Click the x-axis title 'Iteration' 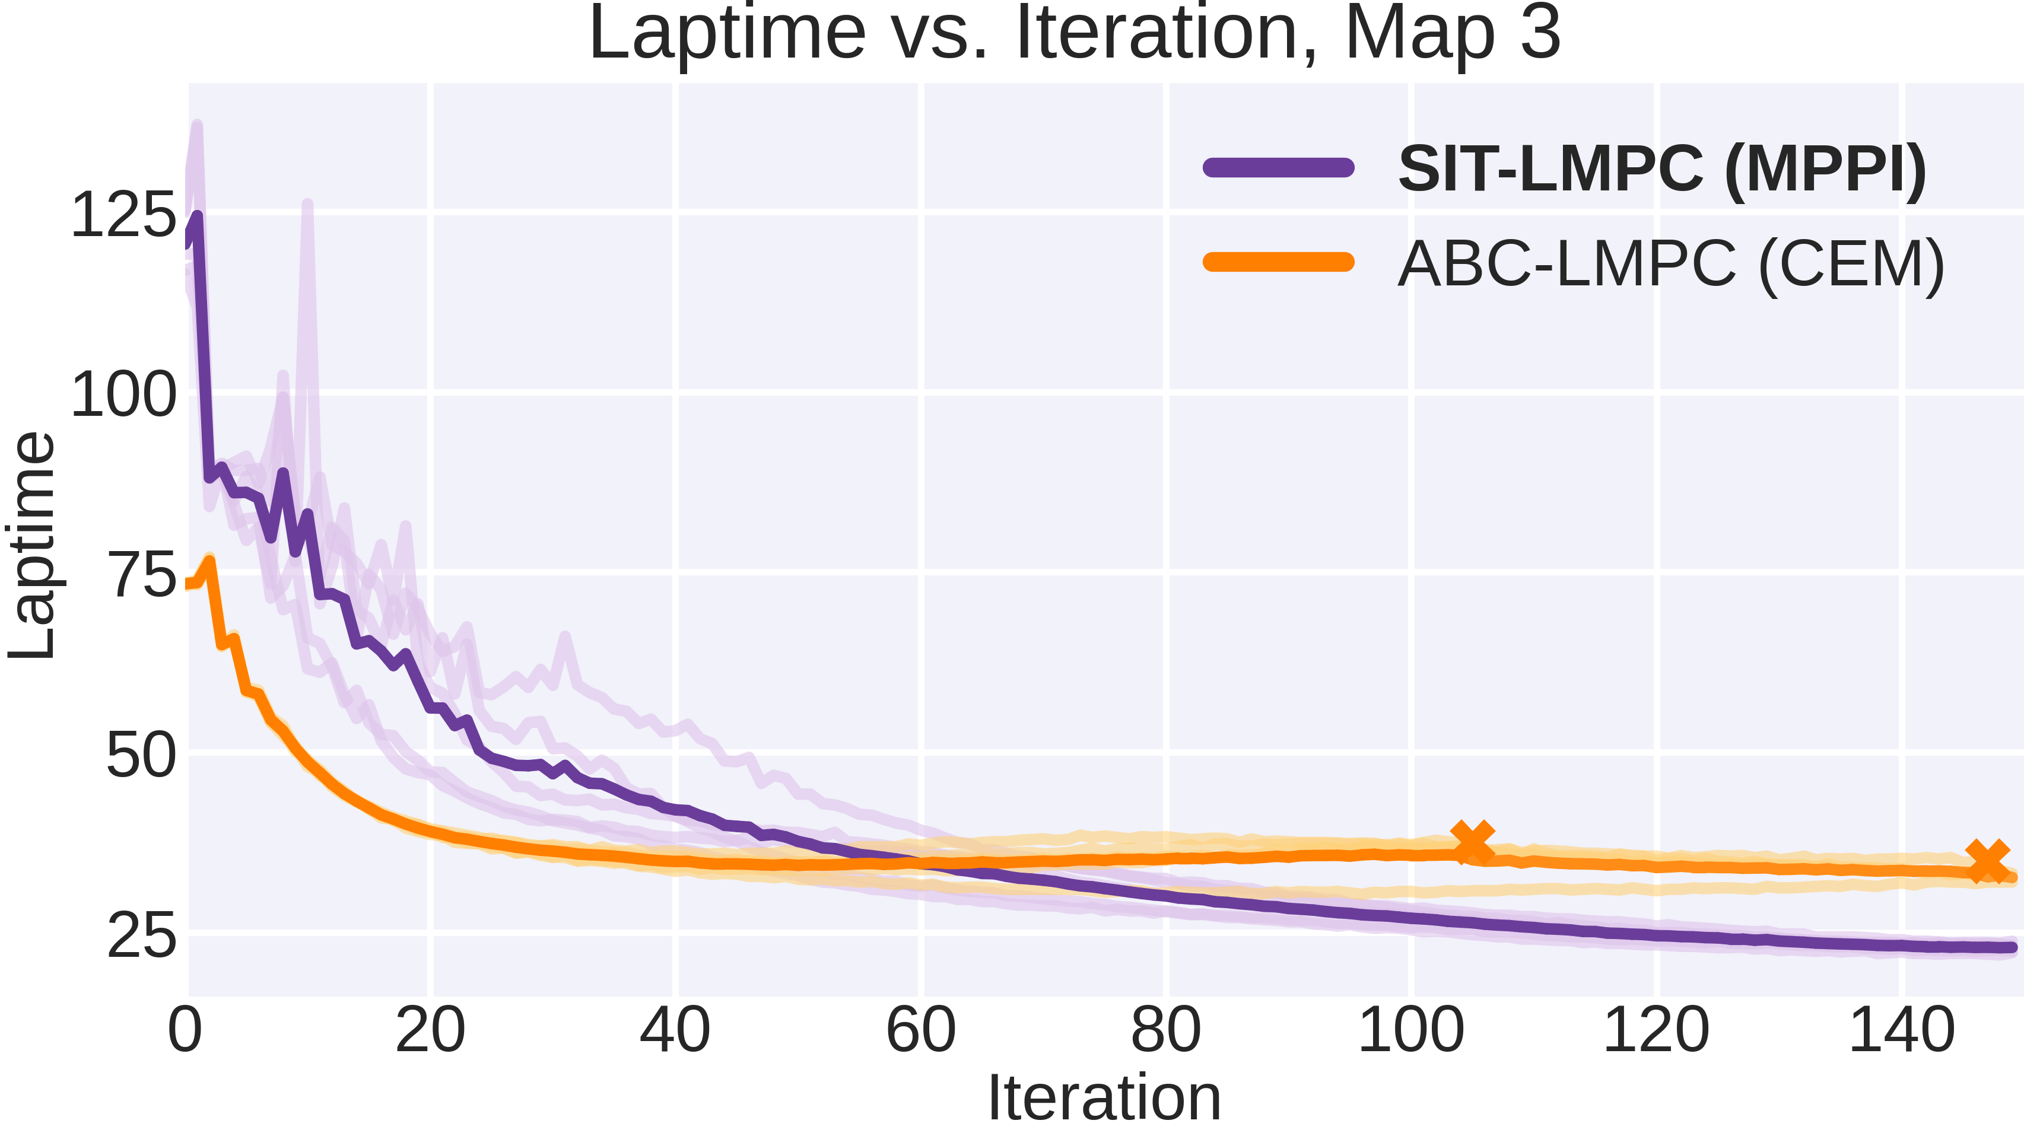coord(1104,1097)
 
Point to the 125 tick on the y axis coord(123,215)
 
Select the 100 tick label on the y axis coord(123,394)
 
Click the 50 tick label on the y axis coord(141,756)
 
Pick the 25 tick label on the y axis coord(141,937)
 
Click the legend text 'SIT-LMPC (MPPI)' coord(1662,169)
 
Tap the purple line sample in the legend coord(1278,167)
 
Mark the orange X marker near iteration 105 coord(1472,842)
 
